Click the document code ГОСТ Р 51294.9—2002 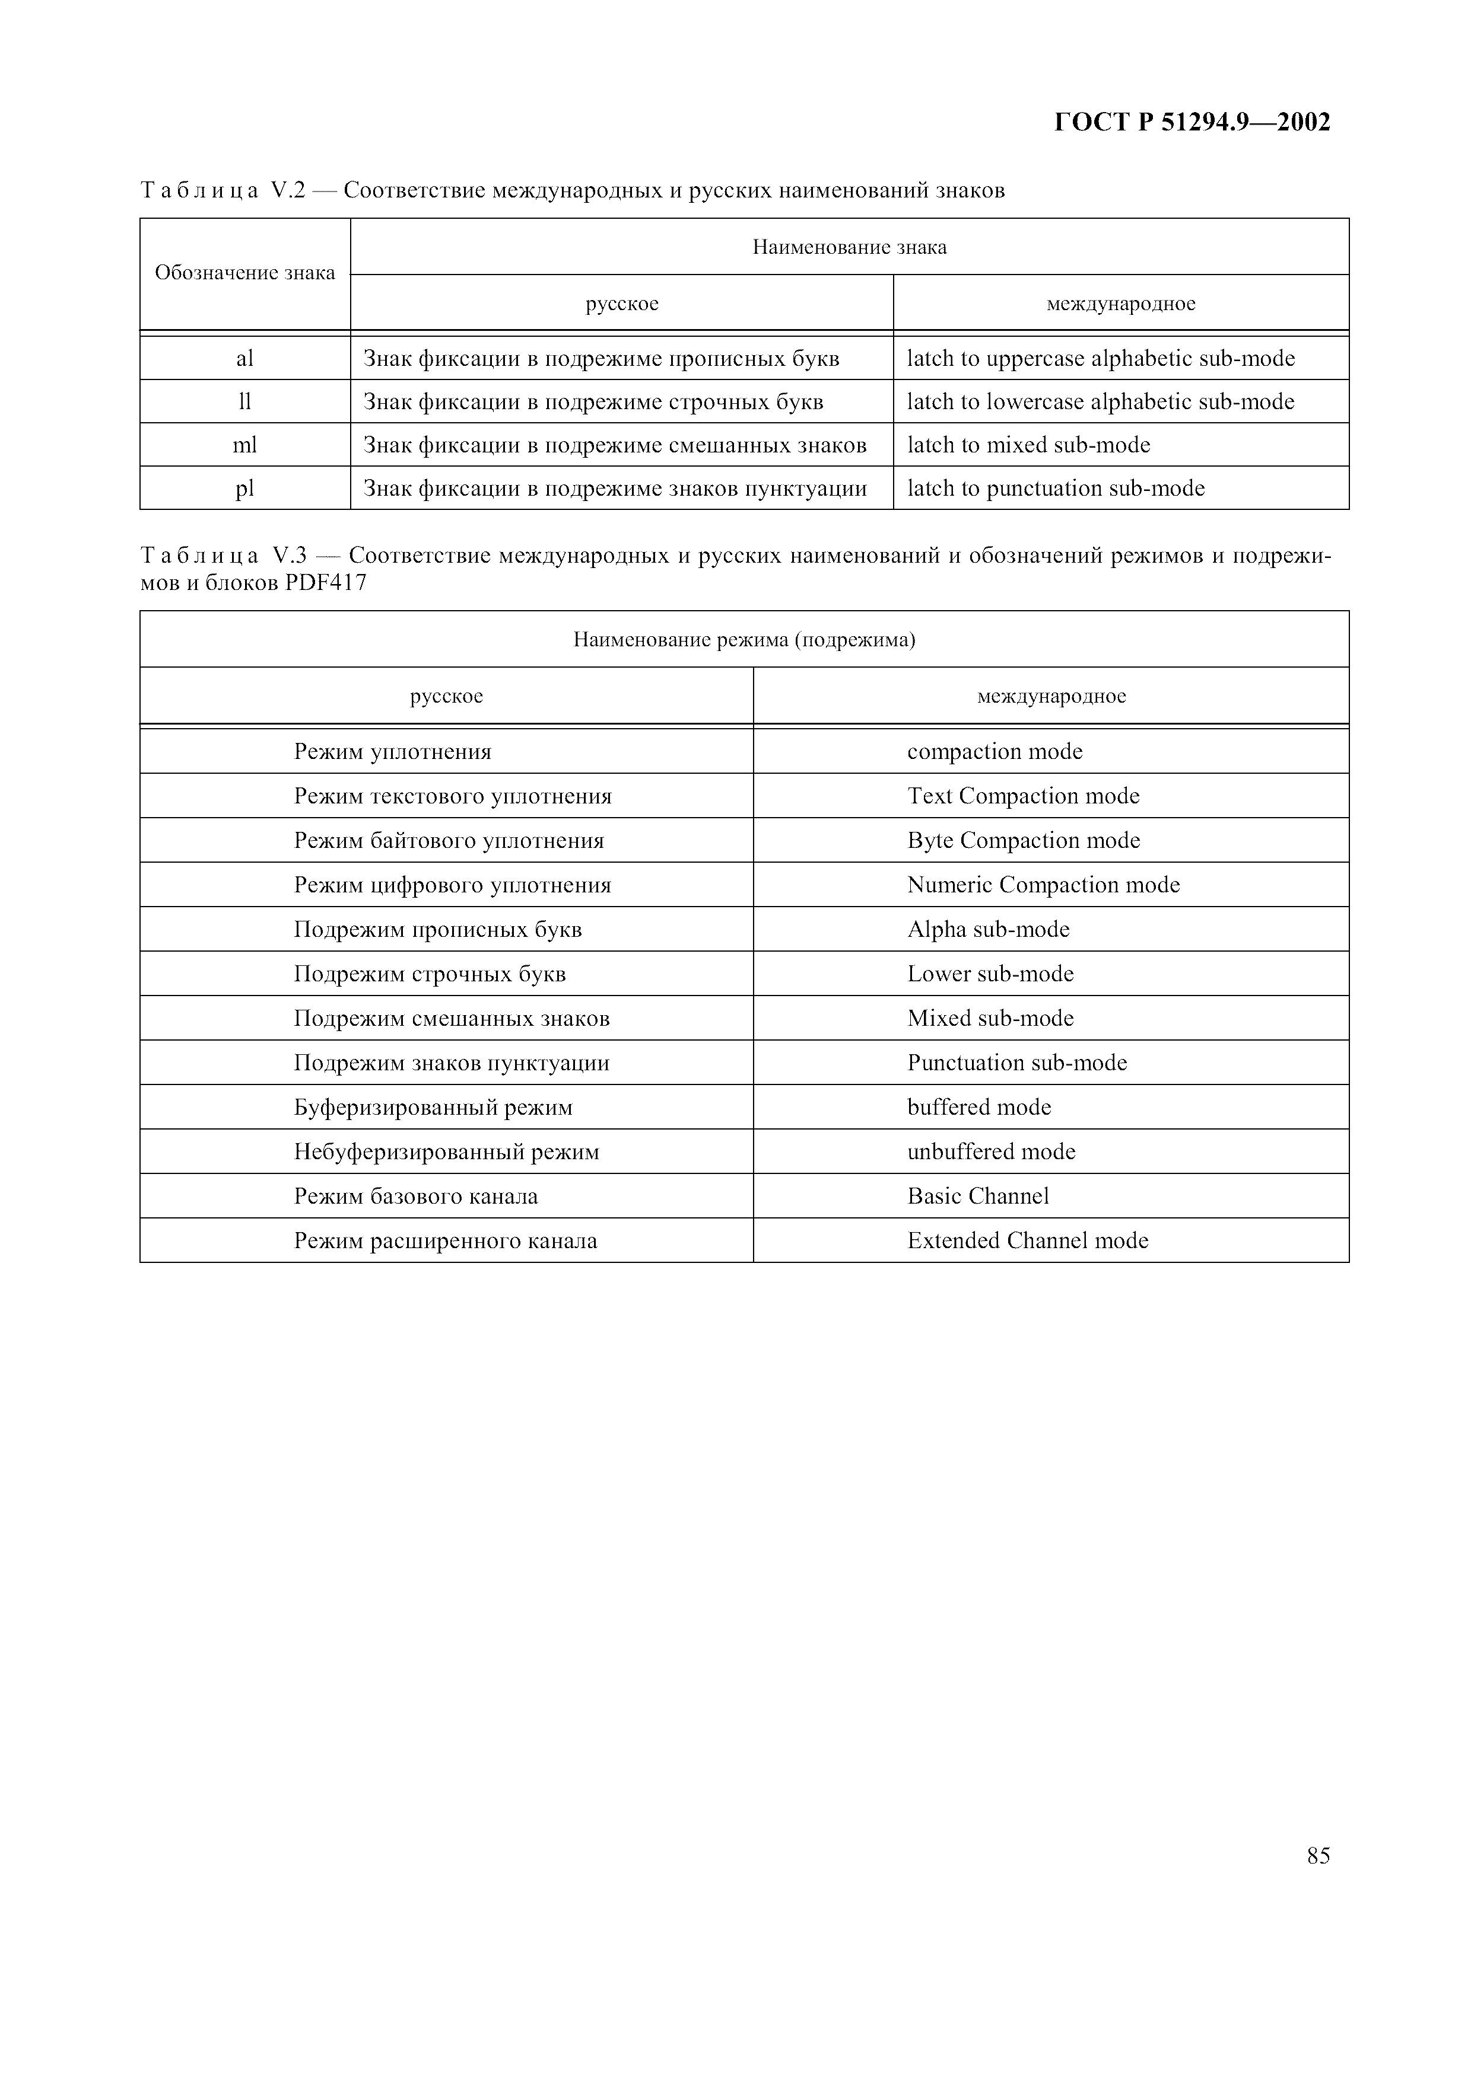(x=1192, y=122)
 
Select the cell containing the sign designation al (x=244, y=359)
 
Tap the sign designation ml (x=244, y=445)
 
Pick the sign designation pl (x=244, y=489)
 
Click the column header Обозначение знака (x=244, y=273)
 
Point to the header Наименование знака (x=849, y=247)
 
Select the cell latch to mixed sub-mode (x=1029, y=445)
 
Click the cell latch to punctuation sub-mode (x=1056, y=489)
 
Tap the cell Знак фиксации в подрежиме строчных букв (x=593, y=401)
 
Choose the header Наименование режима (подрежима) (x=744, y=640)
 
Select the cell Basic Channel (x=978, y=1197)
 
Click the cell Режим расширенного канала (x=445, y=1241)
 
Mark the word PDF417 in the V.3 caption (x=325, y=582)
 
